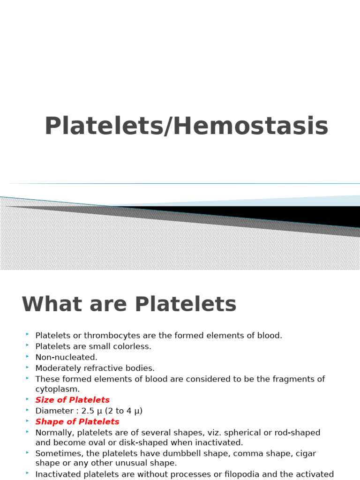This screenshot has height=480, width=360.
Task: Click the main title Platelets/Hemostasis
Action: click(x=186, y=127)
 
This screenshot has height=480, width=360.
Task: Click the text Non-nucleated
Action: click(x=66, y=357)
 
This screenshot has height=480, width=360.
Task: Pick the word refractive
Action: click(x=104, y=368)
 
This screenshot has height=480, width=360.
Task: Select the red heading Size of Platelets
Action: click(x=72, y=400)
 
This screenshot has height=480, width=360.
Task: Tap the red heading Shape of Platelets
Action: click(x=77, y=421)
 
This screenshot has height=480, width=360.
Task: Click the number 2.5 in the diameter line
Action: click(x=88, y=411)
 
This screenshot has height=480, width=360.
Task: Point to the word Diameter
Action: click(x=53, y=411)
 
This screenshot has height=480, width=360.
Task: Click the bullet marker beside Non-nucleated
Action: click(x=28, y=356)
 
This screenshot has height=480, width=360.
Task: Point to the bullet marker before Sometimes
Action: click(x=28, y=452)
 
